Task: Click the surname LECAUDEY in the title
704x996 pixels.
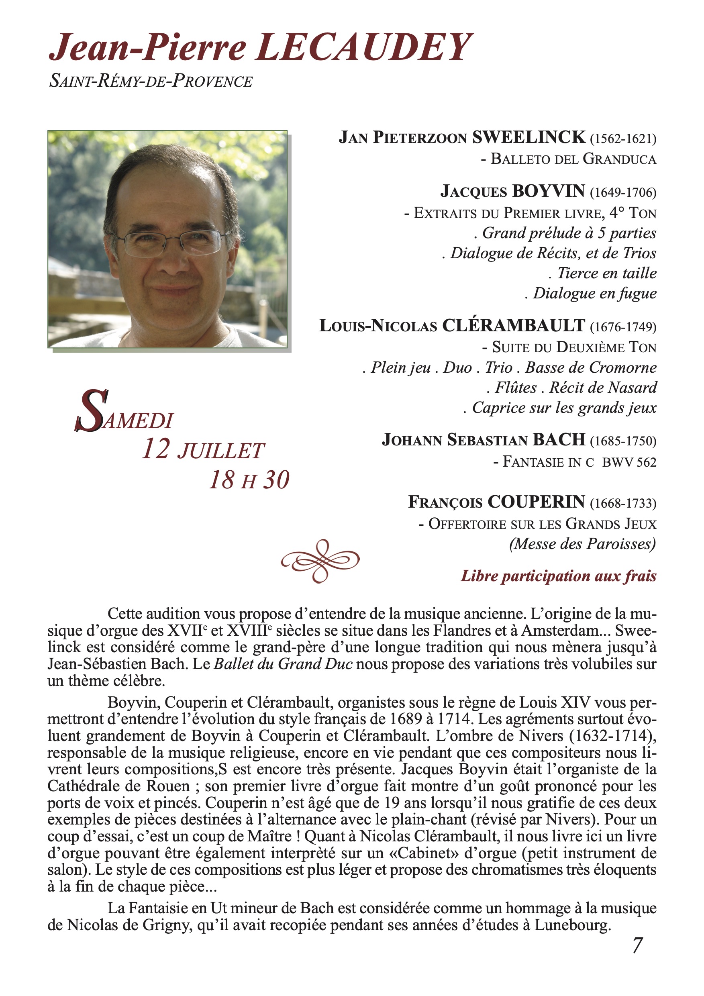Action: [x=363, y=48]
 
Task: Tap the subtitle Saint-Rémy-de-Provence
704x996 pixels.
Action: [x=151, y=81]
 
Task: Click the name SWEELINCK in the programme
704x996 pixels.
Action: [x=529, y=137]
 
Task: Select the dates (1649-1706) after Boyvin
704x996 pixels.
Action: [x=623, y=192]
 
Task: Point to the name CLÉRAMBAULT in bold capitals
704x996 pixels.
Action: [x=514, y=325]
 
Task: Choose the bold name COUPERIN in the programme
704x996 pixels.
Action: [x=536, y=502]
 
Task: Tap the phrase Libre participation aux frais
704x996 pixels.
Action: [x=558, y=576]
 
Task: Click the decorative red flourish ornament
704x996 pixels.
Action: [x=320, y=561]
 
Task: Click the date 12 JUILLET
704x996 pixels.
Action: [x=203, y=450]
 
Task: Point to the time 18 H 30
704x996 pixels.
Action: [x=249, y=480]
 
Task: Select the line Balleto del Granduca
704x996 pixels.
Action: [x=569, y=159]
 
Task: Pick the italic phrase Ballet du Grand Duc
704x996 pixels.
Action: [x=283, y=664]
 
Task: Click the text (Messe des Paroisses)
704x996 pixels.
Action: [x=582, y=543]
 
